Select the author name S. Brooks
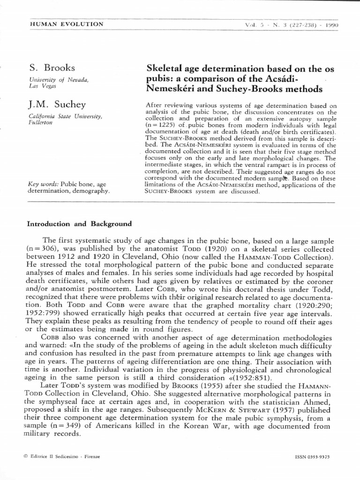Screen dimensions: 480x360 [52, 68]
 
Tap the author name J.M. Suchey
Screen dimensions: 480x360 [58, 104]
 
